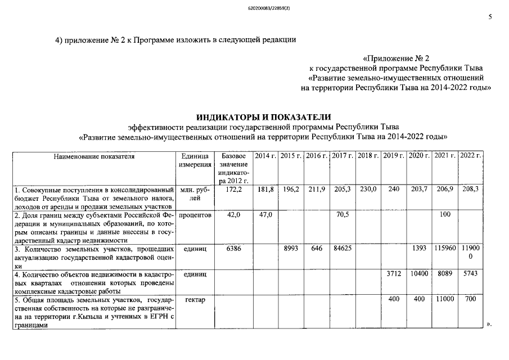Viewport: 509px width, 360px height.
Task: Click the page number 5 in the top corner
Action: coord(489,17)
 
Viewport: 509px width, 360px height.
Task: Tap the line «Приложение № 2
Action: coord(397,58)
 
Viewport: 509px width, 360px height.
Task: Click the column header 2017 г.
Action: coord(342,155)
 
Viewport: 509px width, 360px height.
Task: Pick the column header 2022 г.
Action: coord(471,155)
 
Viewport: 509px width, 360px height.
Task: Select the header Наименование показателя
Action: coord(94,155)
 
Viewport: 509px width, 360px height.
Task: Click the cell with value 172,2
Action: coord(232,190)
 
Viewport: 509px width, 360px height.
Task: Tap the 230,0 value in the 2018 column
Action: coord(368,190)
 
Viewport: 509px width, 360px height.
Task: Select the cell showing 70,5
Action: coord(342,215)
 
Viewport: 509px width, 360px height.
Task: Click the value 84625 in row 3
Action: coord(342,248)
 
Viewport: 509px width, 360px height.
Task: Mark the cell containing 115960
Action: coord(445,248)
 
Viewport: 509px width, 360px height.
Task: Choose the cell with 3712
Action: coord(394,273)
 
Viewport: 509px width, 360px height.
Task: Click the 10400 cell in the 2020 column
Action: coord(420,273)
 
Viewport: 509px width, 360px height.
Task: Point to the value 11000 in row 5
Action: coord(445,299)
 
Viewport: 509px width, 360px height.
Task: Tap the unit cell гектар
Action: coord(194,299)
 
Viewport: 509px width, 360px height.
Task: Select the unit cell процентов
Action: coord(194,215)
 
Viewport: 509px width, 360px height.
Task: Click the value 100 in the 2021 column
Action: coord(445,215)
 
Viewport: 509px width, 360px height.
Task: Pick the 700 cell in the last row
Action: coord(471,299)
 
